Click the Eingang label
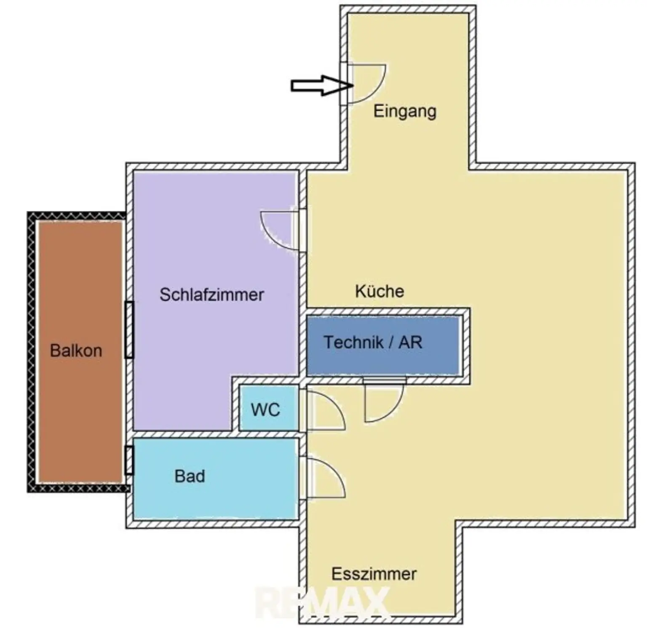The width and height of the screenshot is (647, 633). click(404, 112)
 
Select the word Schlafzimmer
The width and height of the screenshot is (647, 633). click(211, 295)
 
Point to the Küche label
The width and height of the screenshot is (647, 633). click(380, 291)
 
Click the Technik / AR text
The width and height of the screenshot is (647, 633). click(373, 342)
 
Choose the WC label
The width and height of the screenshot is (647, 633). click(265, 409)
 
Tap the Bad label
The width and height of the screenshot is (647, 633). click(190, 477)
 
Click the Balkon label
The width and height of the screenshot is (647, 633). click(76, 351)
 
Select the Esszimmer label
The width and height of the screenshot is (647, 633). click(374, 574)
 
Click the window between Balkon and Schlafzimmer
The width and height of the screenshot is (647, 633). click(129, 330)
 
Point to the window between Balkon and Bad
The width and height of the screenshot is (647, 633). click(129, 460)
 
